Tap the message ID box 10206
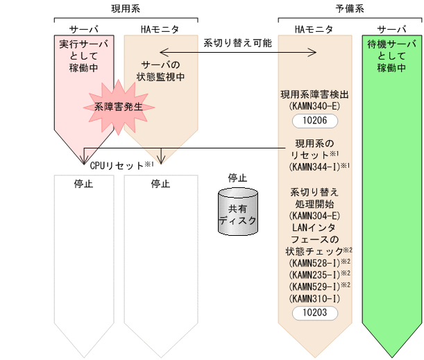coord(314,121)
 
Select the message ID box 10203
coord(314,313)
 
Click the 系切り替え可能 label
coord(237,42)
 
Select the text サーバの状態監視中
coord(160,69)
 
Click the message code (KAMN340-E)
coord(314,105)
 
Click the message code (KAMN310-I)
coord(314,298)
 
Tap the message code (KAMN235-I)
coord(314,274)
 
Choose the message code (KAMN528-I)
coord(314,263)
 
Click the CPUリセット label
coord(117,165)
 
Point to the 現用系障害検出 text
coord(314,93)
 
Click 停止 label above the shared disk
coord(237,178)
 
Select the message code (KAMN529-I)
coord(314,286)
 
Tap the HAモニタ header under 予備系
coord(314,29)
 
